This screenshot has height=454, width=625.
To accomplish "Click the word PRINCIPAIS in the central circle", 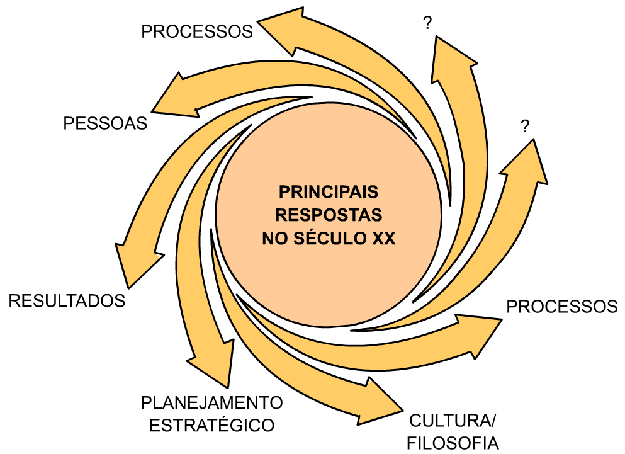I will point(329,191).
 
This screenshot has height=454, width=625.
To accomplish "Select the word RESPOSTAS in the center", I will point(329,215).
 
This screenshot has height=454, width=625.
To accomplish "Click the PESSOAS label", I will point(105,123).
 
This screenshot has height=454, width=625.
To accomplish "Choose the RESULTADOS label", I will point(67,300).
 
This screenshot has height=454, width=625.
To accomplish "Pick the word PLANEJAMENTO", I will point(212,402).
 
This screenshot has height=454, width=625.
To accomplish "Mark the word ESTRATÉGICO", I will point(212,425).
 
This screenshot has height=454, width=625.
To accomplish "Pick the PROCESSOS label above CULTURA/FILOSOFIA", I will point(562,307).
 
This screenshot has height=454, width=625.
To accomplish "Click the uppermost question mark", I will point(428,24).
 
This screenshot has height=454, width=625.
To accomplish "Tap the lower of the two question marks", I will point(525,127).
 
